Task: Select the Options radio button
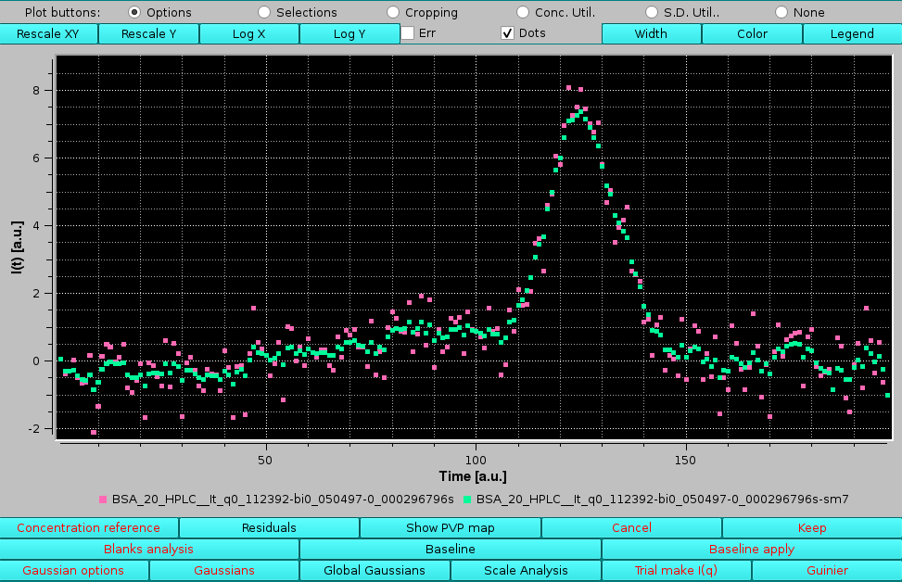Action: [134, 12]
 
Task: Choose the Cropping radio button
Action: [393, 12]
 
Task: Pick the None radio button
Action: [781, 12]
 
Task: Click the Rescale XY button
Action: [48, 33]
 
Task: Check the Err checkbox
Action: [408, 33]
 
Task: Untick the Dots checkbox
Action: [507, 33]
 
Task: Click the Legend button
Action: [851, 33]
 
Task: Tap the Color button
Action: [751, 33]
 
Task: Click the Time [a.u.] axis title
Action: [474, 476]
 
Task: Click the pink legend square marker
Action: [103, 500]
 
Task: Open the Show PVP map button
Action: [450, 528]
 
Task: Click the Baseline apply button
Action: [751, 550]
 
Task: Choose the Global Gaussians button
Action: [375, 571]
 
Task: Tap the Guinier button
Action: [826, 571]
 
